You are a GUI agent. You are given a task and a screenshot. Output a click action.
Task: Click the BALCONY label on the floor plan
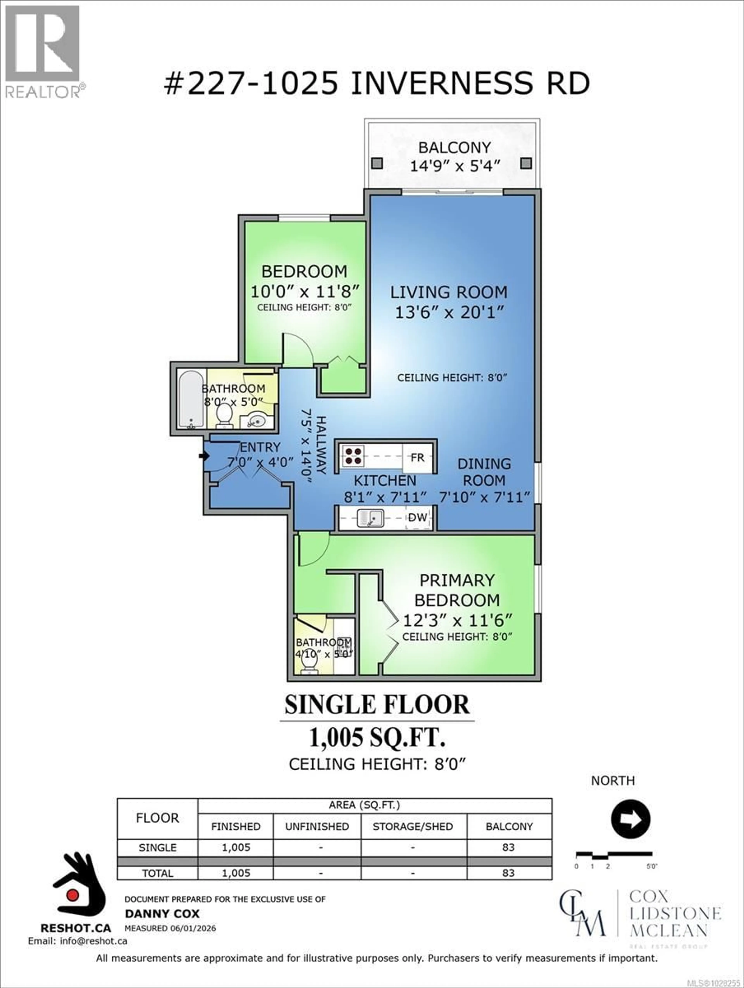pyautogui.click(x=454, y=147)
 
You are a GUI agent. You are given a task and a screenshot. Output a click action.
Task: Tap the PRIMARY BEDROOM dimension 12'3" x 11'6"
pyautogui.click(x=457, y=620)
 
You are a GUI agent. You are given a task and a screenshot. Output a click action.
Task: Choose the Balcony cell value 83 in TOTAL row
pyautogui.click(x=508, y=873)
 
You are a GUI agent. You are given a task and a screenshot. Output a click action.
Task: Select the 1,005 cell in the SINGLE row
pyautogui.click(x=236, y=847)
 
